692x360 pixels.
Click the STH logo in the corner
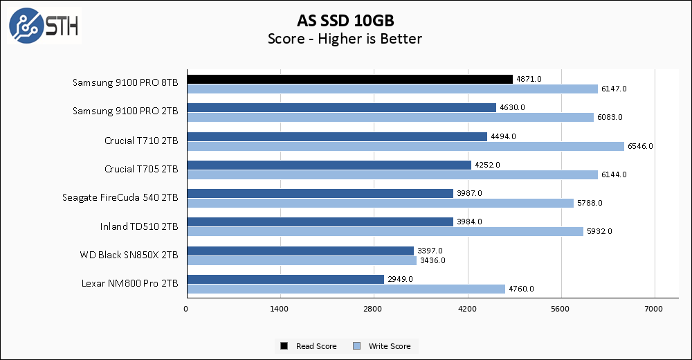coord(43,25)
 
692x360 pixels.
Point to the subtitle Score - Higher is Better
coord(345,39)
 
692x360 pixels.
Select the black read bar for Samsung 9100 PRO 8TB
coord(349,79)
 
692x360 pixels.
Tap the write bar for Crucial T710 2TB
coord(405,145)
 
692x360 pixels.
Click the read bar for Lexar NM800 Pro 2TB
coord(285,279)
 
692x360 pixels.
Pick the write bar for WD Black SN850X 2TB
coord(301,260)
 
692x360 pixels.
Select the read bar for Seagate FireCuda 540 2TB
coord(320,193)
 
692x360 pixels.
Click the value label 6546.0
coord(639,146)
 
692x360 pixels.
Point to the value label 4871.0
coord(529,79)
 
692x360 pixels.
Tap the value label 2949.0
coord(400,279)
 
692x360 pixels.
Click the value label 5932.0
coord(599,231)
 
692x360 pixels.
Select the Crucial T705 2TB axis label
coord(141,169)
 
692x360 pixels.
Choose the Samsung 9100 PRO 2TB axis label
coord(125,111)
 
